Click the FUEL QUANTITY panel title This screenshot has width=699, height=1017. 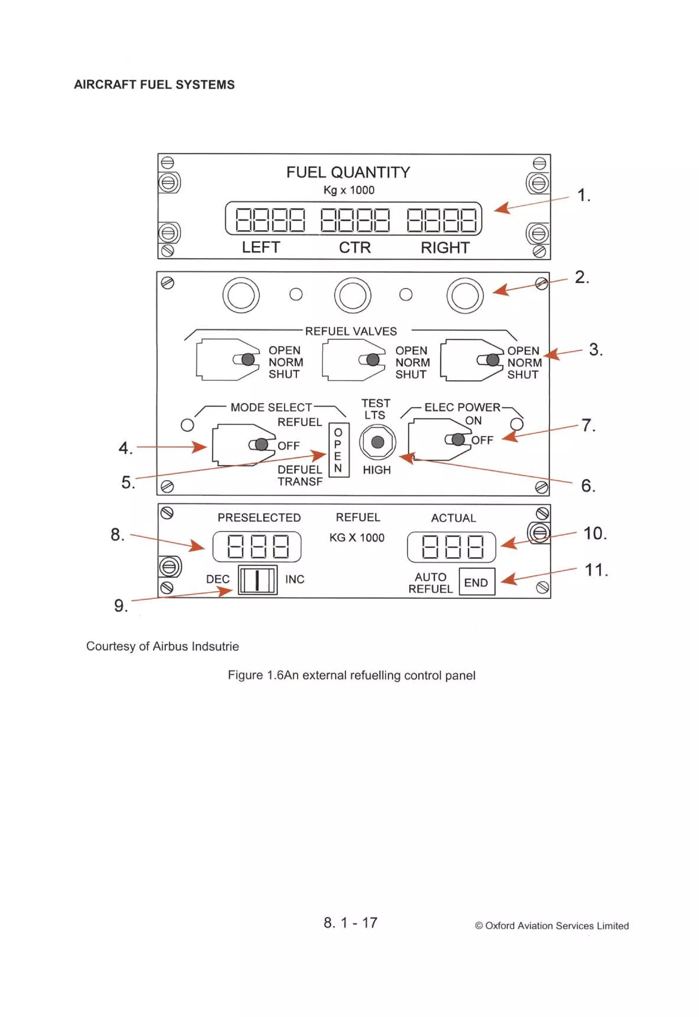pos(348,173)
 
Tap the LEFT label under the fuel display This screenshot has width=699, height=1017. pos(261,248)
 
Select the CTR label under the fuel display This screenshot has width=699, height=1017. pos(355,248)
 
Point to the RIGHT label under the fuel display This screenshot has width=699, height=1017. pos(445,248)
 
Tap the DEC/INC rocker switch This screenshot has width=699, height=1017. pos(258,580)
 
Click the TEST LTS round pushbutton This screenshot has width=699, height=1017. pos(377,442)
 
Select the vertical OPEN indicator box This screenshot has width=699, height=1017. pos(339,450)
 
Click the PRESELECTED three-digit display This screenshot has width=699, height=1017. pos(257,547)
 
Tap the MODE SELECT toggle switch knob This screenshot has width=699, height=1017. pos(261,444)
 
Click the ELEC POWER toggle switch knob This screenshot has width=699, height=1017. pos(458,439)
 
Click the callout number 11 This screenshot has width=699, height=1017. pos(596,570)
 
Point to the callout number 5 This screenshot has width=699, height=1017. pos(127,482)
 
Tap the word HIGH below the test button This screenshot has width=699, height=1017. pos(377,470)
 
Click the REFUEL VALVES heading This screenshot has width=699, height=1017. pos(351,331)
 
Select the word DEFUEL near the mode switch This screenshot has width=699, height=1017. pos(300,469)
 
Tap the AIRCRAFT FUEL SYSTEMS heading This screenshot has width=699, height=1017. pos(154,85)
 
